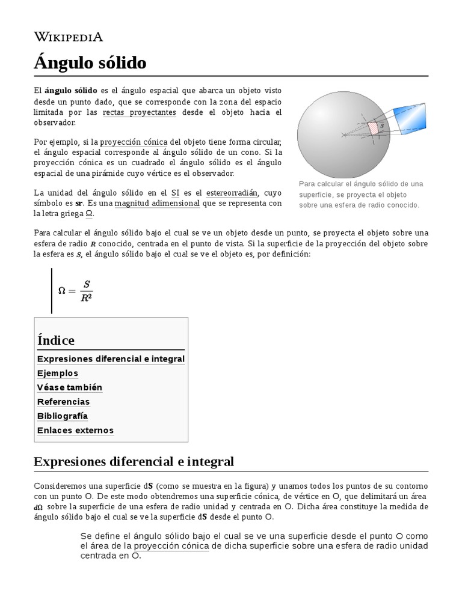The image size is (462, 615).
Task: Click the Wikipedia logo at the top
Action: (x=69, y=37)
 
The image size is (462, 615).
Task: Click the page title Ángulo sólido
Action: (x=90, y=62)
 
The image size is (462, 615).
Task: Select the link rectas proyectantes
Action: (x=140, y=112)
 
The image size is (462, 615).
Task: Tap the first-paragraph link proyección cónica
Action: (x=134, y=142)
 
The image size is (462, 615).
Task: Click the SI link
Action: (x=175, y=193)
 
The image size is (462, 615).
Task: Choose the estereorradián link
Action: (x=232, y=193)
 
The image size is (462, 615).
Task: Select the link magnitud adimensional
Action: (x=157, y=204)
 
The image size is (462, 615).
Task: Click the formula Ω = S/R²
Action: (x=75, y=290)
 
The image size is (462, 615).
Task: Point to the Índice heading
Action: (x=56, y=340)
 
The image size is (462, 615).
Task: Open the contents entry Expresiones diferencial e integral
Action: (x=111, y=359)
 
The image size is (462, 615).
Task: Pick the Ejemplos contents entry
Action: (x=58, y=373)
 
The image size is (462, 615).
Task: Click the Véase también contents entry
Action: (x=69, y=387)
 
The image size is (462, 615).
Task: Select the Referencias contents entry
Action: (x=63, y=402)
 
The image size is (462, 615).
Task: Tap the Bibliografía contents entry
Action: (x=63, y=416)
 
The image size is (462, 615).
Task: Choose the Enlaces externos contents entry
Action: (x=75, y=430)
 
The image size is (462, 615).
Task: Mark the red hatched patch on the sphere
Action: (x=374, y=128)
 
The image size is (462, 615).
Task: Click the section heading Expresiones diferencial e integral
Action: (x=134, y=461)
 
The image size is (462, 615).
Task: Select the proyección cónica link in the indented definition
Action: (x=171, y=546)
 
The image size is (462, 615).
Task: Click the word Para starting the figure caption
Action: (x=308, y=184)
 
